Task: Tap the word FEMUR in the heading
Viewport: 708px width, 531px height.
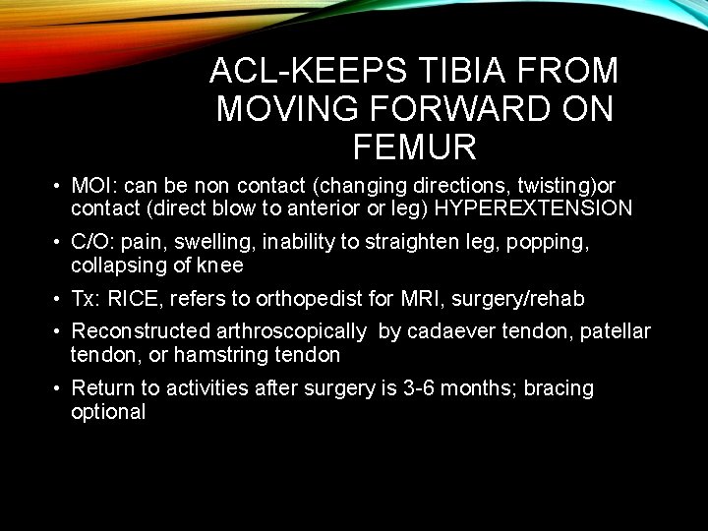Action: [x=413, y=147]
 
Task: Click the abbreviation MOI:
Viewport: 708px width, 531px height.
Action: [x=93, y=186]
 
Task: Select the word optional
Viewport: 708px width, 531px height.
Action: [x=108, y=412]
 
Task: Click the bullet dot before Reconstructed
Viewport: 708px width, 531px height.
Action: [x=60, y=331]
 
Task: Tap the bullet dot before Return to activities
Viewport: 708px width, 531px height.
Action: [x=60, y=388]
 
